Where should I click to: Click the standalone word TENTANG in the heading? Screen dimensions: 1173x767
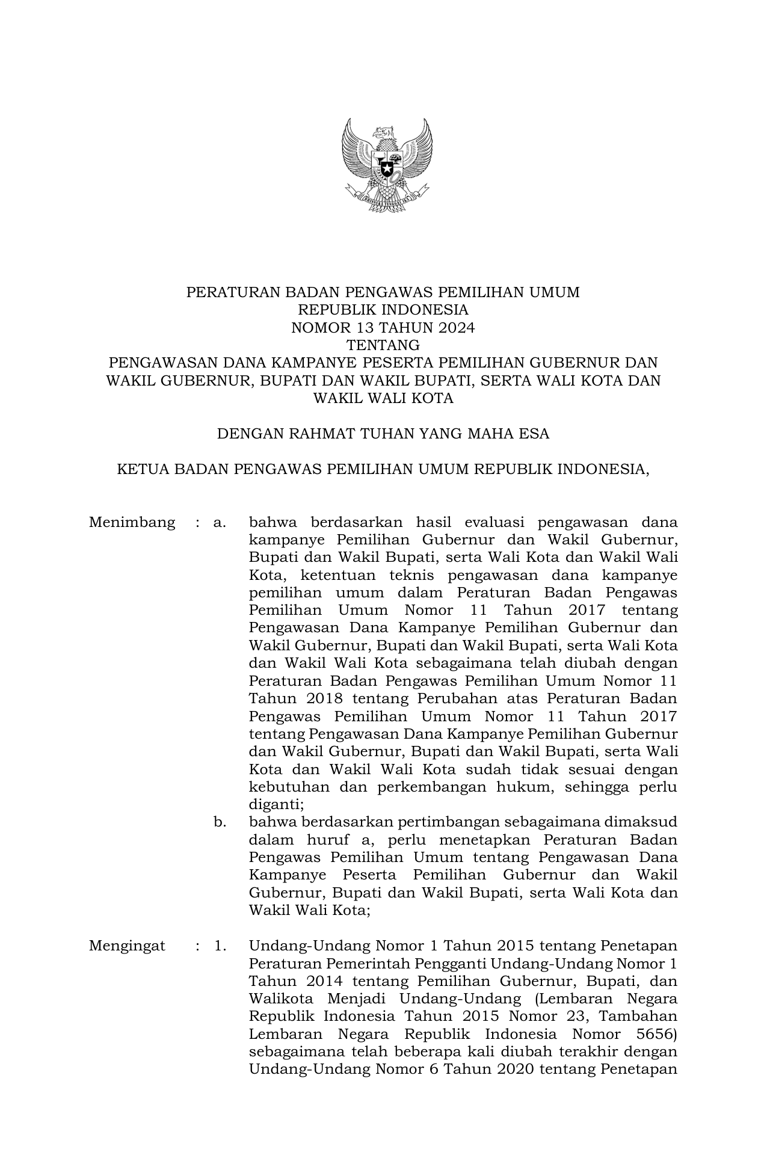383,345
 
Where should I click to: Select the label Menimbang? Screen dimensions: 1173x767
132,522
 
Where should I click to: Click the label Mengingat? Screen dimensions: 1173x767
127,946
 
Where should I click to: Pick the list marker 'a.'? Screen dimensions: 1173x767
220,522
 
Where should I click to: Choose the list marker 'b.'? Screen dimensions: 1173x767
220,822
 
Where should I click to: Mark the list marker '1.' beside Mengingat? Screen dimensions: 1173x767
220,946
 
